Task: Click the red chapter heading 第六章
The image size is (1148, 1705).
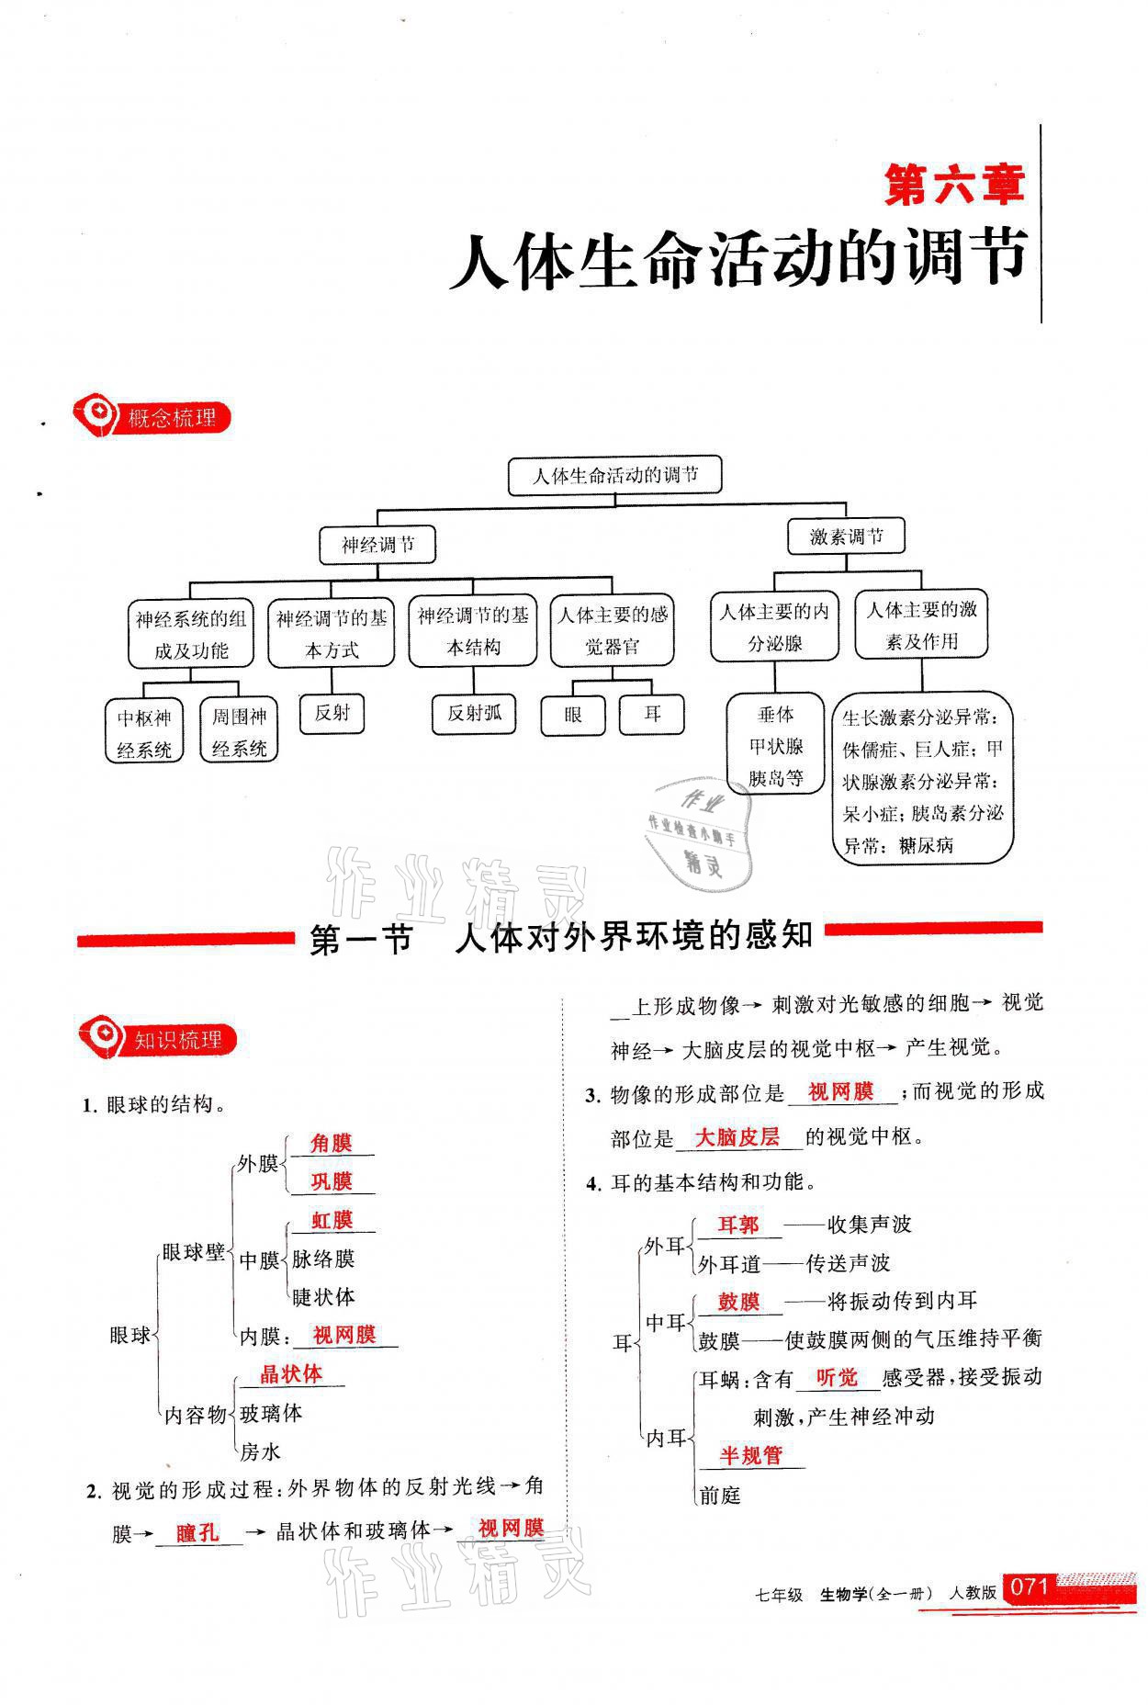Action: click(952, 186)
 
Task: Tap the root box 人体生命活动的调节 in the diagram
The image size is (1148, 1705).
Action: click(614, 476)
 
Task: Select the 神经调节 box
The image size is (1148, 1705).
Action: click(377, 545)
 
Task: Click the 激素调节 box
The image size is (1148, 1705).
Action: click(846, 536)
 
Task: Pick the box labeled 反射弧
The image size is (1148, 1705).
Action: click(474, 714)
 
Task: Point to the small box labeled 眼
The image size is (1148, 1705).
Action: click(573, 715)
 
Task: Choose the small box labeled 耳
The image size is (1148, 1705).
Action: click(652, 714)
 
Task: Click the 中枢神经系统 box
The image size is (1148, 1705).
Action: click(144, 732)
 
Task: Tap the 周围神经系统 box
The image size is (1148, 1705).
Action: click(239, 732)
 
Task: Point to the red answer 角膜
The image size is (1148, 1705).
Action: click(331, 1143)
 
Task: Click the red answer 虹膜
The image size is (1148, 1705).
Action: click(331, 1220)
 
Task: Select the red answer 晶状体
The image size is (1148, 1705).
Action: click(291, 1373)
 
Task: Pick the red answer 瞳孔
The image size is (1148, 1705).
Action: click(197, 1532)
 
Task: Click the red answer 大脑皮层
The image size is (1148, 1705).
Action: click(737, 1136)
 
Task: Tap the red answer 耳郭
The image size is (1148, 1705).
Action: click(737, 1225)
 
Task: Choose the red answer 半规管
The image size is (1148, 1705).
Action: click(750, 1455)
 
